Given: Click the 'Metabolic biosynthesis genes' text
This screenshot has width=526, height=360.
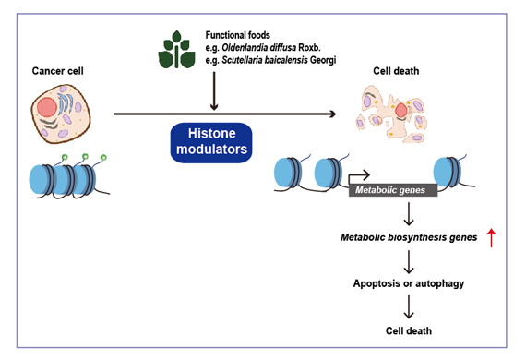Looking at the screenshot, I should [407, 237].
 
